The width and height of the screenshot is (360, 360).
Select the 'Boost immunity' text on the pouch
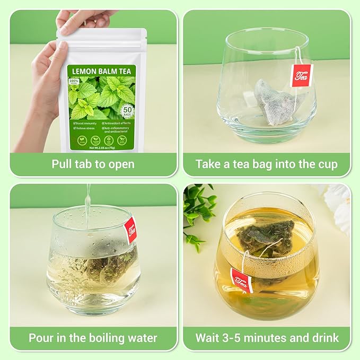[x=86, y=124]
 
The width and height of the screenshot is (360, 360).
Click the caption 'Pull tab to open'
[x=93, y=164]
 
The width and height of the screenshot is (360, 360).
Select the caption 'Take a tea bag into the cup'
[x=266, y=164]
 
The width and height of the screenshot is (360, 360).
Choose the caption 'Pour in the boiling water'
[x=93, y=338]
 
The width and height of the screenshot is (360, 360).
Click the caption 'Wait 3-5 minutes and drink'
[x=266, y=338]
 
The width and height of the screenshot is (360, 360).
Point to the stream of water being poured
[x=87, y=204]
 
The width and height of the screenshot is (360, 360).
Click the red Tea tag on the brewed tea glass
[x=241, y=280]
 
